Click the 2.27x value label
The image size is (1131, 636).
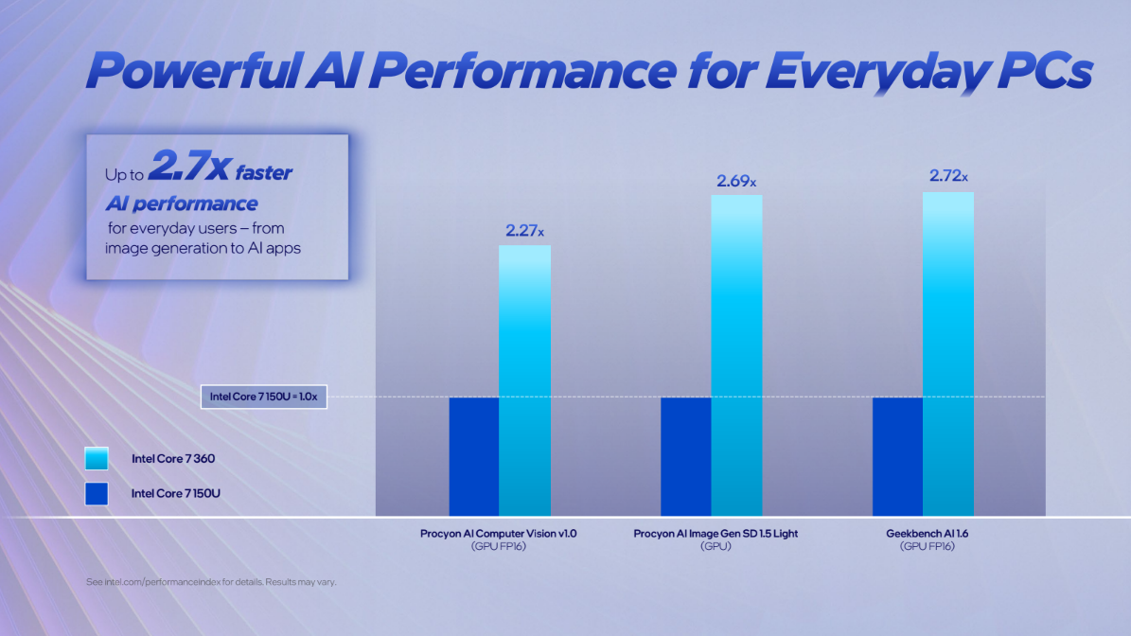(x=524, y=230)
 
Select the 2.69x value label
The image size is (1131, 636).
(x=736, y=181)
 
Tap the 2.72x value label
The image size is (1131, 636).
(x=948, y=176)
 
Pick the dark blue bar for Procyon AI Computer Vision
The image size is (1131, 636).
(x=474, y=456)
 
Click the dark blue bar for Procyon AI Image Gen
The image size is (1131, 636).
(x=685, y=456)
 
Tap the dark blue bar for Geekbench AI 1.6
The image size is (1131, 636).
(x=897, y=456)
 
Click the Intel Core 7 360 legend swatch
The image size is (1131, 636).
(x=97, y=459)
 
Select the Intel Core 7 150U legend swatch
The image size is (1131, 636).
(x=97, y=493)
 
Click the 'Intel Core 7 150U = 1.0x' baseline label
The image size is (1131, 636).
(x=264, y=397)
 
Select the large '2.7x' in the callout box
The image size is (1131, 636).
(x=188, y=169)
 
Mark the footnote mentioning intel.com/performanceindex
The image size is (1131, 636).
(x=211, y=581)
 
